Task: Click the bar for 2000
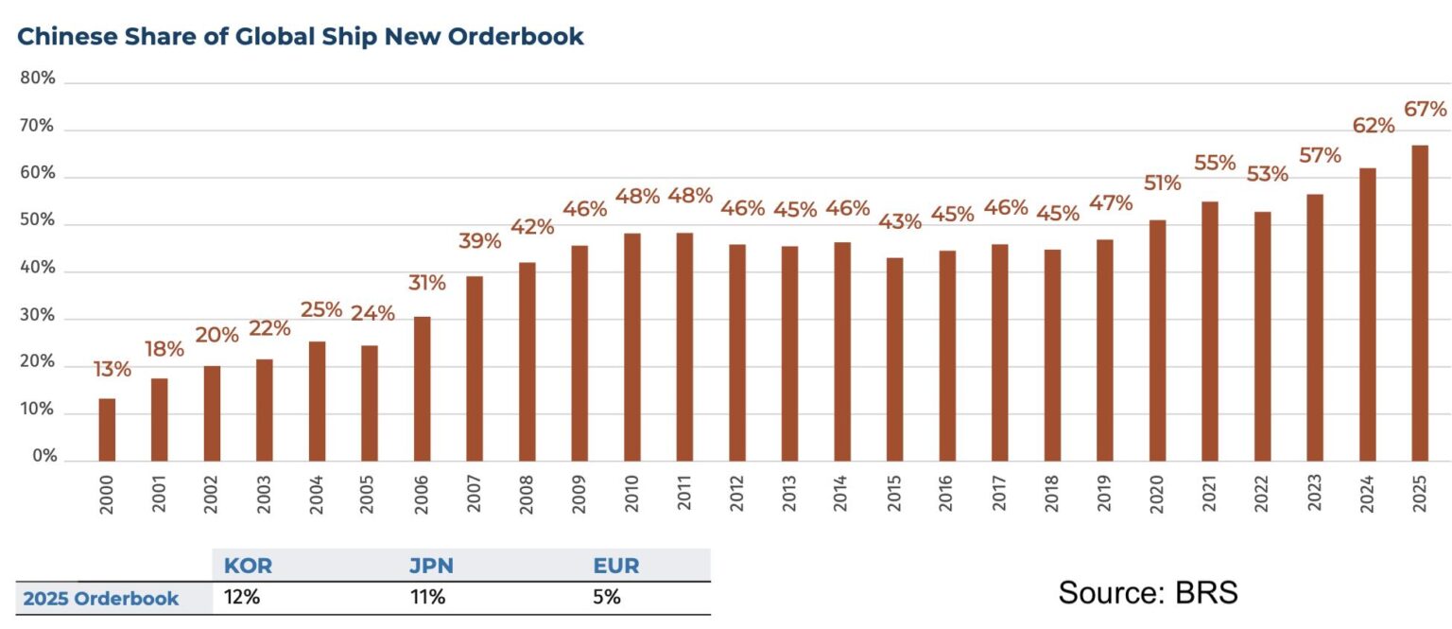107,429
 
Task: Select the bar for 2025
1419,303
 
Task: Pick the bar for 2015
894,359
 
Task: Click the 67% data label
1426,110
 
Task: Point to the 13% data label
112,369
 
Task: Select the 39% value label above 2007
480,241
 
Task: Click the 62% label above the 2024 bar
1373,126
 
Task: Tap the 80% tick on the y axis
38,79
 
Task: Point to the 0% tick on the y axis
43,456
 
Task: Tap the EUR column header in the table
615,566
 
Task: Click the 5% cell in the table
607,598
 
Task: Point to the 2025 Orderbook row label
101,598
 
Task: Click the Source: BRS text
1148,593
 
